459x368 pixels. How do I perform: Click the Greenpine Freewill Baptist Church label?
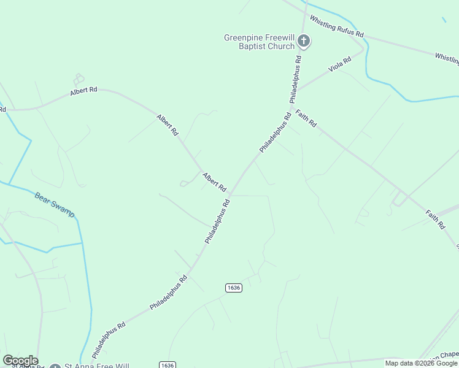[259, 42]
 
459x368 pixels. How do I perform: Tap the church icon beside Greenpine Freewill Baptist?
[304, 41]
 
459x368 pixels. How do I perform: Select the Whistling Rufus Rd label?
[337, 27]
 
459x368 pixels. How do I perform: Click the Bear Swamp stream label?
[55, 205]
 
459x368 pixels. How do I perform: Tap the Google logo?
[20, 361]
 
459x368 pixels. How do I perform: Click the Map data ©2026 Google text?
[421, 363]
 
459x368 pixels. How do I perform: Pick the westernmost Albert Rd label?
[84, 90]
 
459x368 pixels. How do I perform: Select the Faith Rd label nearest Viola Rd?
[306, 118]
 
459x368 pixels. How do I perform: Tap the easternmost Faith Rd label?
[435, 220]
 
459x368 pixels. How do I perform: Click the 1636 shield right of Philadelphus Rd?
[233, 288]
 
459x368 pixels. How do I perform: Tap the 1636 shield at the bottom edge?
[167, 365]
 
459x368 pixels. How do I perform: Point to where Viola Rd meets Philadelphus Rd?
[297, 90]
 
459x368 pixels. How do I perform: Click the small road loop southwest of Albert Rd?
[184, 183]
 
